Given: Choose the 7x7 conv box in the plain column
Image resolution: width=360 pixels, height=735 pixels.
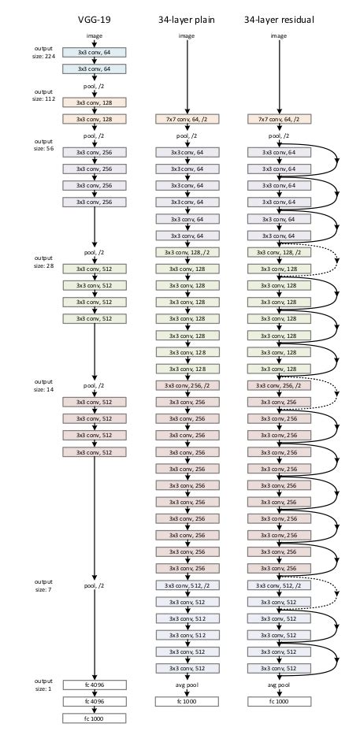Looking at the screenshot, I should [186, 119].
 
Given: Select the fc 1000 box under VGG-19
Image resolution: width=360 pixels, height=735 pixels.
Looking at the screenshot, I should [94, 718].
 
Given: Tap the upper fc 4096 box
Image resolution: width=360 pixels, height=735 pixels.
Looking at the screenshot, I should [94, 685].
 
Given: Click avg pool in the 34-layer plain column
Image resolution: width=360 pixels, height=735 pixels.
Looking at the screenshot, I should [186, 685].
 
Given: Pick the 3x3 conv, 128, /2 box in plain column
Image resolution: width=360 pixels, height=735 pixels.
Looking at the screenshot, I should [186, 252].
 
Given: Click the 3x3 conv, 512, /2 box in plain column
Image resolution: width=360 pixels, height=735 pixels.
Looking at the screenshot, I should [186, 585].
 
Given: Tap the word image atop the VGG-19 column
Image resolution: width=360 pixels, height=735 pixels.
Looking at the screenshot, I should [94, 36].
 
